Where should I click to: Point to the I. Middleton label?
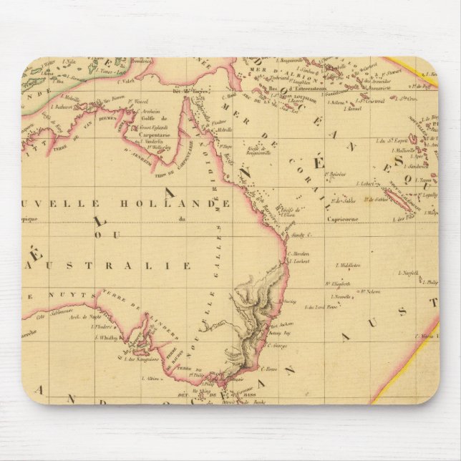point(344,264)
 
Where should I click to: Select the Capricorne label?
point(341,220)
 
